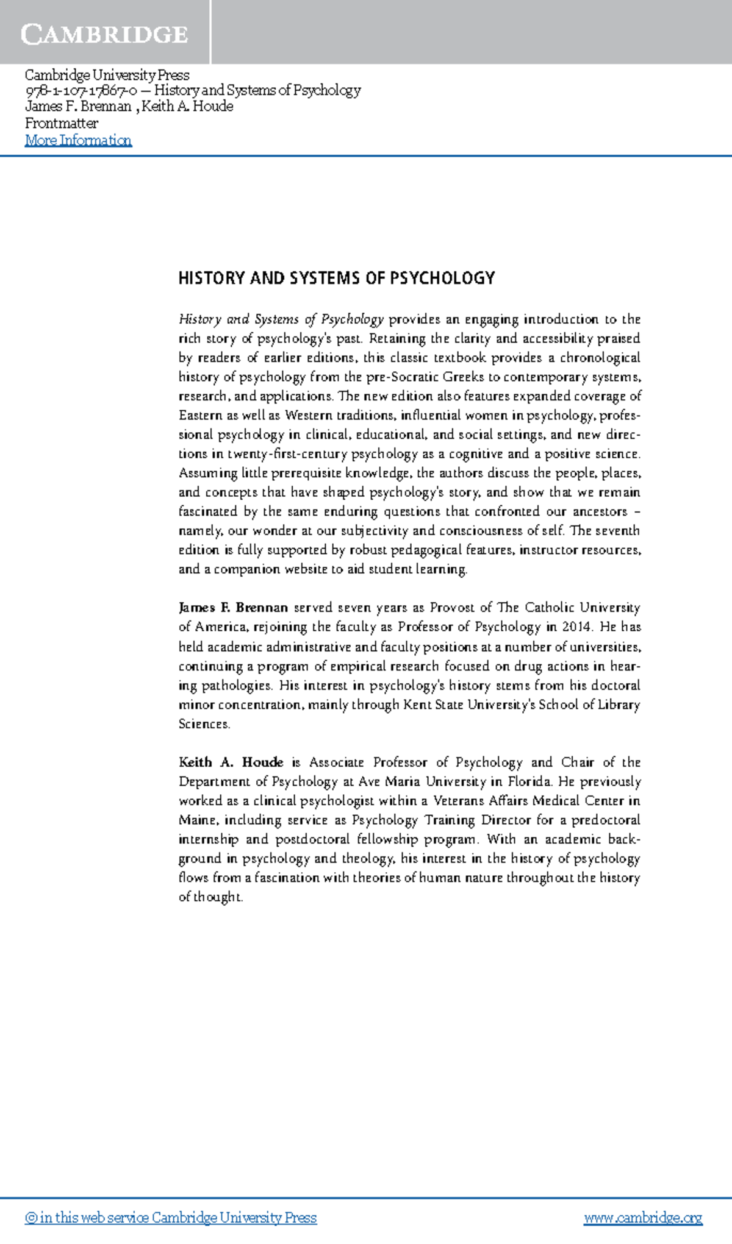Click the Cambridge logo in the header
104,34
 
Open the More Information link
78,140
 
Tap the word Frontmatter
61,123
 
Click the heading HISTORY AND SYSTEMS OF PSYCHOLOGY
336,279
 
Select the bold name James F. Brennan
233,608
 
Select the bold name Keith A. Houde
231,762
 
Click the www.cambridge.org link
643,1218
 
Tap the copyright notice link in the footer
171,1218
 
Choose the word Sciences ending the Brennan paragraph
204,724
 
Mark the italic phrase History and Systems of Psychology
281,319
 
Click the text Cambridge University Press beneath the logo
107,75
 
